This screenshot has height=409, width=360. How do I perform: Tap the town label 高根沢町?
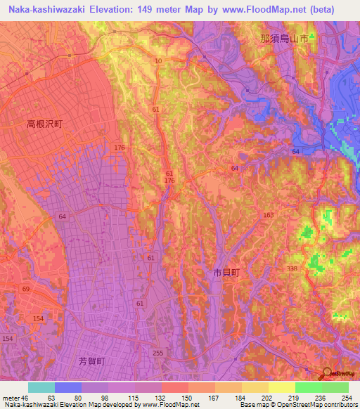click(x=45, y=124)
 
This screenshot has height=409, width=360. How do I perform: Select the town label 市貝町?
click(x=226, y=271)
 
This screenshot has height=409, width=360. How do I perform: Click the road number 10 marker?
click(x=158, y=62)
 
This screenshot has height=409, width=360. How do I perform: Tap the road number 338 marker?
click(x=292, y=268)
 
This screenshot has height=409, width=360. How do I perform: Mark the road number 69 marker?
click(x=26, y=290)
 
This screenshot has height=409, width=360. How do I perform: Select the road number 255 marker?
click(x=158, y=353)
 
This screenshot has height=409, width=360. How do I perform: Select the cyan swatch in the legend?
click(x=41, y=387)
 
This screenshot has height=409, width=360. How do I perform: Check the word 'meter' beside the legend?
click(x=11, y=398)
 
